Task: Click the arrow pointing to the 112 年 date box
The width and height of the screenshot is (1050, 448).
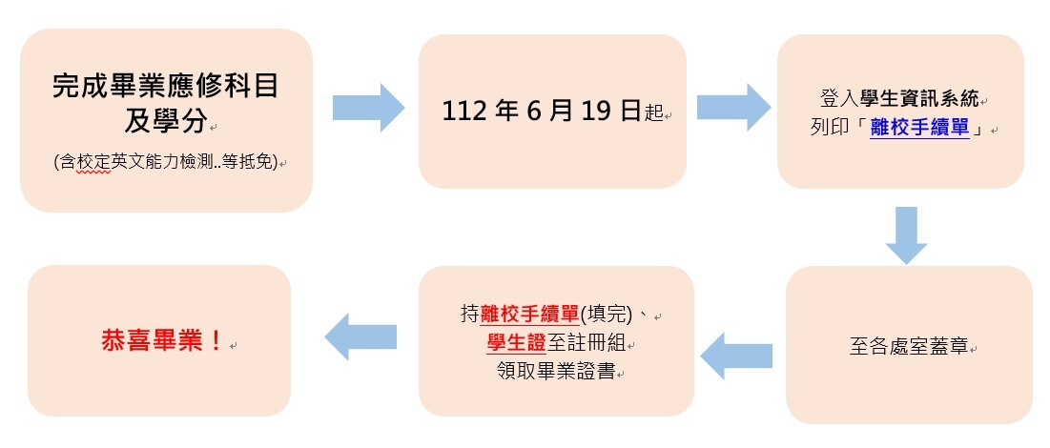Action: pyautogui.click(x=368, y=107)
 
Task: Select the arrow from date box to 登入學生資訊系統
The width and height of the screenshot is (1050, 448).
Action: pyautogui.click(x=733, y=107)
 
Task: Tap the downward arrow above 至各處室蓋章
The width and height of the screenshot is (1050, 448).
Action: pyautogui.click(x=905, y=234)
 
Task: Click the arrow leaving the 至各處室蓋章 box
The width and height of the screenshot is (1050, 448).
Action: pyautogui.click(x=737, y=355)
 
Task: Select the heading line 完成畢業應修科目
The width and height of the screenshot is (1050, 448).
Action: pyautogui.click(x=166, y=86)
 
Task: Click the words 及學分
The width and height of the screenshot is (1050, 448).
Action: pyautogui.click(x=166, y=122)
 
